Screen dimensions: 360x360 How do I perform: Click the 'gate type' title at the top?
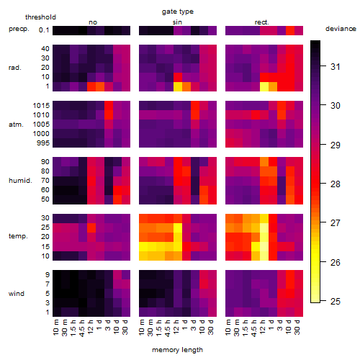pyautogui.click(x=178, y=12)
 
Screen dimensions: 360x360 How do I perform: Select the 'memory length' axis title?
pyautogui.click(x=177, y=350)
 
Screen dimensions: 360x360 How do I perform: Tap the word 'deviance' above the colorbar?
pyautogui.click(x=341, y=29)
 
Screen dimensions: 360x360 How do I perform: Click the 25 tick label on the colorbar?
pyautogui.click(x=336, y=301)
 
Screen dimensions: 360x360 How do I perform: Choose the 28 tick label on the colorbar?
pyautogui.click(x=336, y=184)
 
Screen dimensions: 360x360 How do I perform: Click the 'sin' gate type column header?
pyautogui.click(x=177, y=22)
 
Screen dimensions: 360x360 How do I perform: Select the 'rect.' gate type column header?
pyautogui.click(x=261, y=22)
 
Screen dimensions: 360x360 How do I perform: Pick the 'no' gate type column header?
pyautogui.click(x=93, y=22)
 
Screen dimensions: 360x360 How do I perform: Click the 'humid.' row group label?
pyautogui.click(x=20, y=181)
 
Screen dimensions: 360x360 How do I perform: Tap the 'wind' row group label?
pyautogui.click(x=17, y=294)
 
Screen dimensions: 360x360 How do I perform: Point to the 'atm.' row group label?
pyautogui.click(x=16, y=125)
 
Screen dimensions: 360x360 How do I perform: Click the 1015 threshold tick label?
pyautogui.click(x=41, y=105)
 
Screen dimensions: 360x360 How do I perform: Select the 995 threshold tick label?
pyautogui.click(x=43, y=143)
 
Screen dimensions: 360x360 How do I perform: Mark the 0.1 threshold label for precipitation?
pyautogui.click(x=44, y=30)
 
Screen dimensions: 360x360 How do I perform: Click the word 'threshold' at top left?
pyautogui.click(x=40, y=17)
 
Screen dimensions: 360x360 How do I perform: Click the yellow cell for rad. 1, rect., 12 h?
pyautogui.click(x=264, y=86)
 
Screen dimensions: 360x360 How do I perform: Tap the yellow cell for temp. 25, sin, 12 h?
pyautogui.click(x=178, y=228)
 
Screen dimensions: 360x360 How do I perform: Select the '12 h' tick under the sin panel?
pyautogui.click(x=176, y=327)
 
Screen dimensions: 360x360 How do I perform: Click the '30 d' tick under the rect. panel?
pyautogui.click(x=297, y=327)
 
